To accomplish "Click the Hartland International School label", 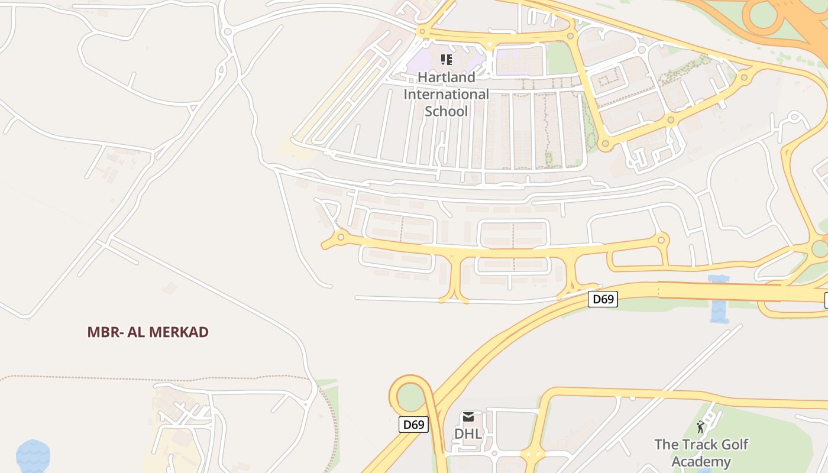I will click(x=446, y=94).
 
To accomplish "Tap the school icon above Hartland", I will click(x=446, y=59).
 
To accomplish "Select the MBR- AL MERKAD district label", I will click(x=148, y=332).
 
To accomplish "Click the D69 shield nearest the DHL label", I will click(x=413, y=424).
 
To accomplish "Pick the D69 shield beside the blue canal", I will click(x=603, y=299).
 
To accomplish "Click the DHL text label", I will click(x=468, y=433).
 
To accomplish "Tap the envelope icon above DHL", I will click(x=468, y=417).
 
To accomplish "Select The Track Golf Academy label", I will click(x=701, y=453).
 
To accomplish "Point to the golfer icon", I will click(x=701, y=427).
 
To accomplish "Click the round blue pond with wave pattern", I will click(x=33, y=456).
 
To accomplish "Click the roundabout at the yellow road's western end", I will click(x=341, y=237).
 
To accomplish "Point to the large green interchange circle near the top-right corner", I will click(x=763, y=15).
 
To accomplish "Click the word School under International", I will click(x=446, y=111).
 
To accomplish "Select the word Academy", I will click(x=701, y=462).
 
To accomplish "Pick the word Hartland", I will click(x=446, y=77).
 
